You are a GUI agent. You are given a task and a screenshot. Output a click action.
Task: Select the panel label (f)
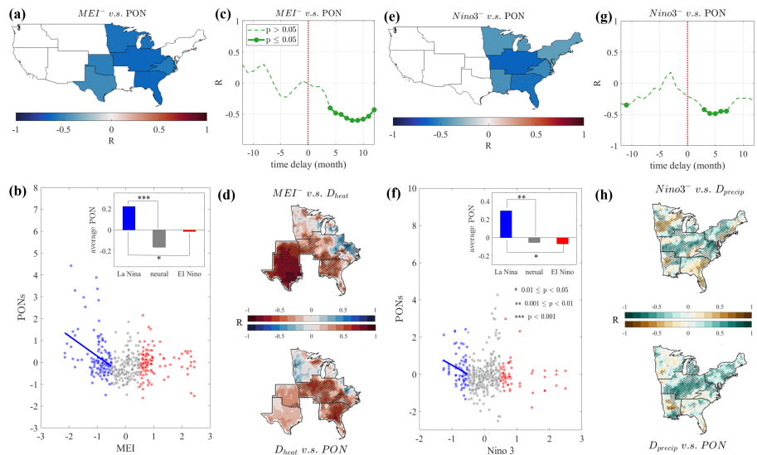(395, 197)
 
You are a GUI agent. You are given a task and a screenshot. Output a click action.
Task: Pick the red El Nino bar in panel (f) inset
(562, 241)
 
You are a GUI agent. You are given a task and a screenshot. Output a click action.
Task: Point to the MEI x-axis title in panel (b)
(126, 448)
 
